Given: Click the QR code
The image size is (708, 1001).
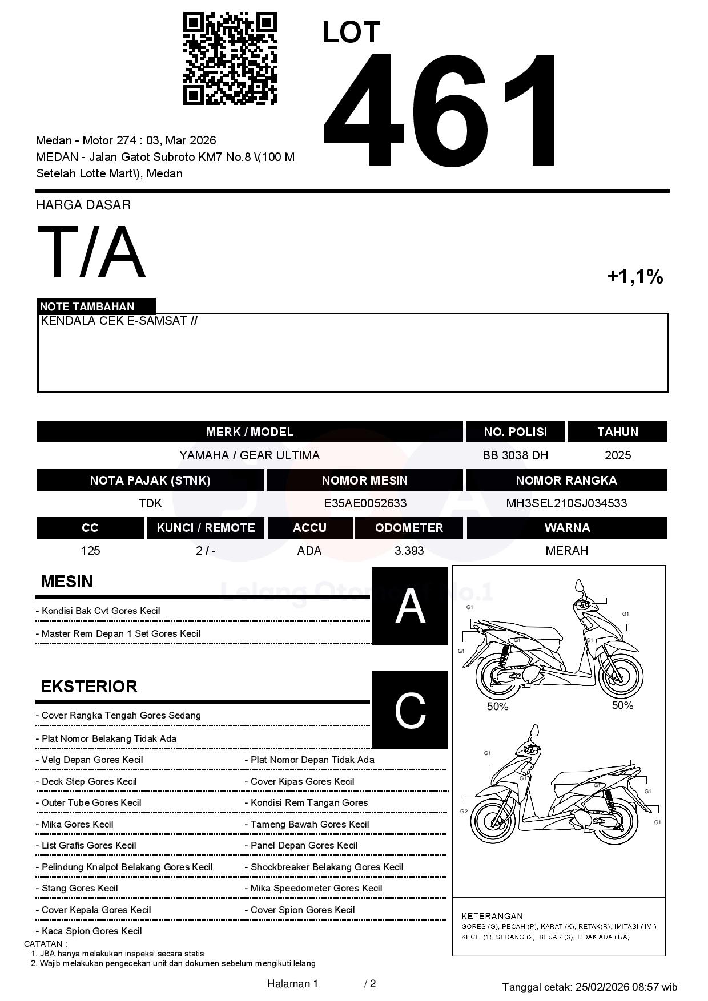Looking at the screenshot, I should [230, 59].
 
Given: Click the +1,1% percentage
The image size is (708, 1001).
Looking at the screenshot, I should [634, 277].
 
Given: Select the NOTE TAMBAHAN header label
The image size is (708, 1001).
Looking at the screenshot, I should [87, 306].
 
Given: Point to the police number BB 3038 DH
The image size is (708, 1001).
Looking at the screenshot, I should [515, 455].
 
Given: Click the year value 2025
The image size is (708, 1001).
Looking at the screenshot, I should [618, 455].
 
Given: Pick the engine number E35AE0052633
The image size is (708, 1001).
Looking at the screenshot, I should [365, 503].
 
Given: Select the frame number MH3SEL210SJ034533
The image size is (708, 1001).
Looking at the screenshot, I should [566, 503].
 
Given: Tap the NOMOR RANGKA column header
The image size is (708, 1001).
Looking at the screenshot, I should [566, 481].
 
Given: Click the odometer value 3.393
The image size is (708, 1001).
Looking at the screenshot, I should [409, 551].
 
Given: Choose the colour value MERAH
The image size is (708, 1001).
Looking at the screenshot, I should [566, 551].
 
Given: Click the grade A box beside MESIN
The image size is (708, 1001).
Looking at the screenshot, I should [410, 606].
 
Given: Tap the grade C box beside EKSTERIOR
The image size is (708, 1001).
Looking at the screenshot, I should [410, 711].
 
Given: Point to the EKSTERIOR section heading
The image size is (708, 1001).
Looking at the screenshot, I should [89, 687].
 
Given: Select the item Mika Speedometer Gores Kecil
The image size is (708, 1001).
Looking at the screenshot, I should [316, 888].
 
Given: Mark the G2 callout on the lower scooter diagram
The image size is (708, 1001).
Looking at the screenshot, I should [464, 812].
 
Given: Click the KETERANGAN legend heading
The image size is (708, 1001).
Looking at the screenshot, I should [492, 916].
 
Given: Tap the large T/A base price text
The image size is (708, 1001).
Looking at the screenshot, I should [91, 253].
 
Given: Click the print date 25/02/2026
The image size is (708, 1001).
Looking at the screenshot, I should [602, 987].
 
